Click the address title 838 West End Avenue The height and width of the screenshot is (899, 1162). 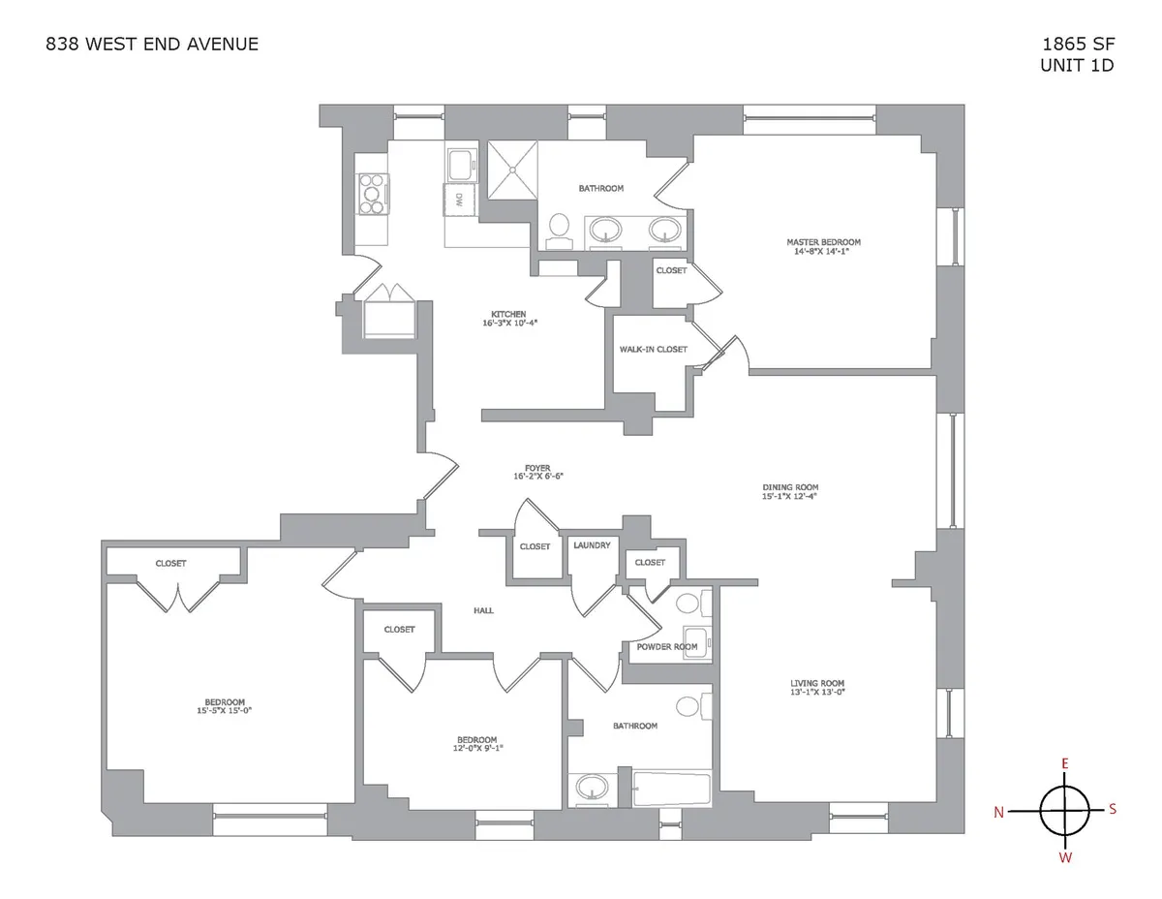coord(152,44)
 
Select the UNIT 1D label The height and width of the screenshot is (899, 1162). coord(1077,65)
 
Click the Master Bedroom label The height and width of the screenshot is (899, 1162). coord(823,242)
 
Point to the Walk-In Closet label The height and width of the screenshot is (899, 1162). coord(653,349)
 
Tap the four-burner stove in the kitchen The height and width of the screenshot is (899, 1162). coord(372,193)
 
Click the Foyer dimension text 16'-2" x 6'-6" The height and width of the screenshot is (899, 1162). coord(538,477)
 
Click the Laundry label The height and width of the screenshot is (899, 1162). coord(592,545)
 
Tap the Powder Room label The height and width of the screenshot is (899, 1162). coord(666,646)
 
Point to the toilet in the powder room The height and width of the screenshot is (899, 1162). coord(688,605)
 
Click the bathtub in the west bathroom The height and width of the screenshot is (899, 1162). coord(671,789)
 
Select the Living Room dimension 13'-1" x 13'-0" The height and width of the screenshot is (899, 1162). coord(818,692)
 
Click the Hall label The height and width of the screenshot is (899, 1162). coord(484,610)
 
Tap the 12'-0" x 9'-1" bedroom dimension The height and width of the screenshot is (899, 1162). coord(477,747)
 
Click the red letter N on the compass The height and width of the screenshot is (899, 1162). coord(998,813)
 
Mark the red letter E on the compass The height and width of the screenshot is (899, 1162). coord(1064,764)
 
